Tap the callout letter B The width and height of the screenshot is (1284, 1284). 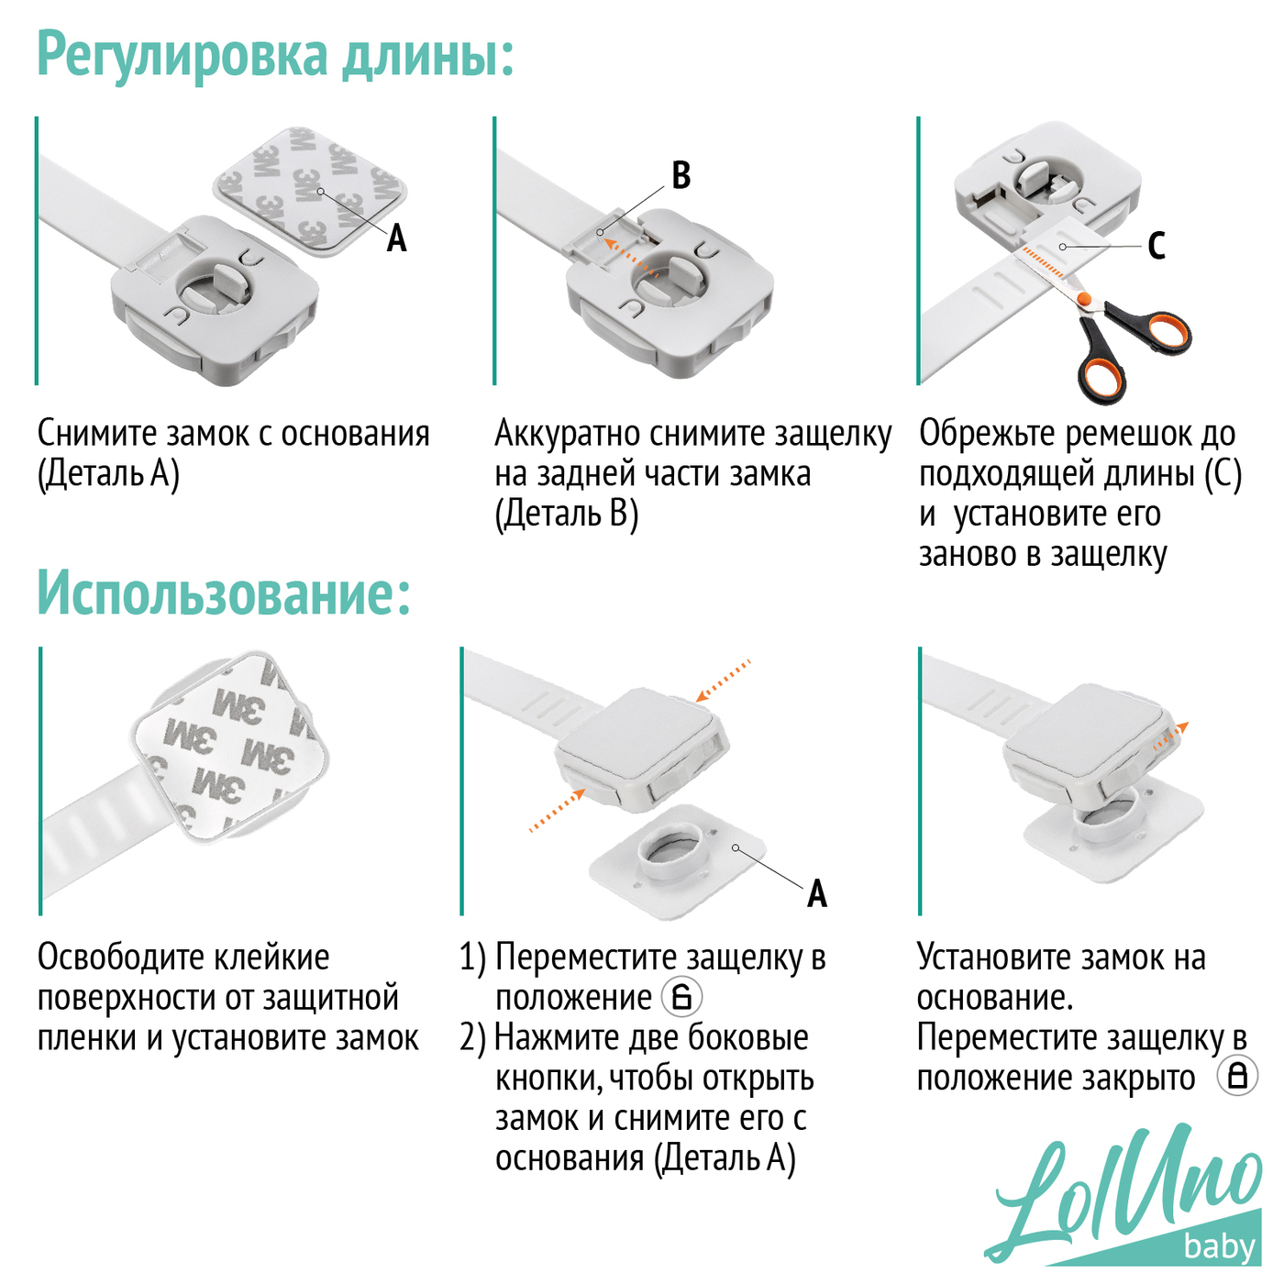pyautogui.click(x=681, y=175)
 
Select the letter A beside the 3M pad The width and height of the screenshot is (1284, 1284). pyautogui.click(x=397, y=238)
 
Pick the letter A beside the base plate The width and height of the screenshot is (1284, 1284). pyautogui.click(x=817, y=893)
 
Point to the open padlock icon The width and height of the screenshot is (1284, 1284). pyautogui.click(x=681, y=998)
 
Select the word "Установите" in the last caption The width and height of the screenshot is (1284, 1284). pyautogui.click(x=995, y=957)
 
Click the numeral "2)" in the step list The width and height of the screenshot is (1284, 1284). pyautogui.click(x=474, y=1039)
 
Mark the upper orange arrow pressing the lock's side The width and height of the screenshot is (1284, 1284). pyautogui.click(x=723, y=681)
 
